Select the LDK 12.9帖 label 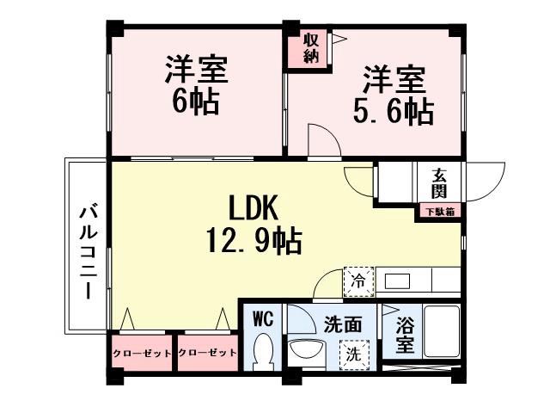coord(251,224)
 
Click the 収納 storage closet coord(310,48)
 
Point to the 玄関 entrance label coord(439,182)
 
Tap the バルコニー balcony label coord(87,250)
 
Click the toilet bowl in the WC coord(264,351)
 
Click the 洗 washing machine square coord(353,353)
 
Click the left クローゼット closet coord(142,354)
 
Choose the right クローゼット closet coord(207,354)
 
